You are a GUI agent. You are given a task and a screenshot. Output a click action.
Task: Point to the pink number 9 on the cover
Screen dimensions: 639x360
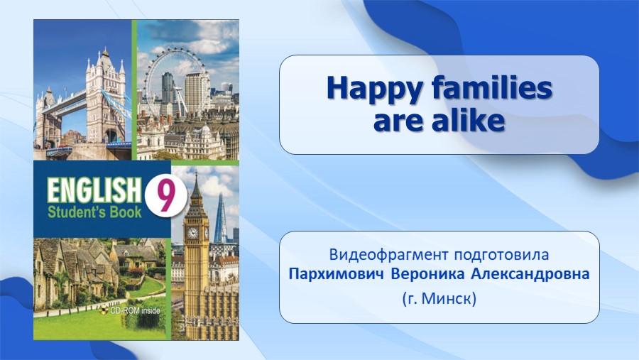point(165,197)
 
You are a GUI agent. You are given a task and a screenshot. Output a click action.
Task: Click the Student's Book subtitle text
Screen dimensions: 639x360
point(94,212)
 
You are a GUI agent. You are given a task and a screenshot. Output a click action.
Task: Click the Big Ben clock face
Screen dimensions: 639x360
point(192,233)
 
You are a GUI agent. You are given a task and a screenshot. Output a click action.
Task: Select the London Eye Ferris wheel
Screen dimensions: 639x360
point(175,82)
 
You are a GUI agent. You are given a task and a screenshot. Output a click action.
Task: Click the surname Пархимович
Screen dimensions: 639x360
point(337,274)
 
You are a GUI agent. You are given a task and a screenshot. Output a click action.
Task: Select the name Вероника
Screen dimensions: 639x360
point(427,274)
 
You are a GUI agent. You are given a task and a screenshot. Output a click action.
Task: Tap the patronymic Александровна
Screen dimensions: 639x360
point(530,274)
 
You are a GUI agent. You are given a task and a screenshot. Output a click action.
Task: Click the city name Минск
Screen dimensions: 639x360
point(447,298)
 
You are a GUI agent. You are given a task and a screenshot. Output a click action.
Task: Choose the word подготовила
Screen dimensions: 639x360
point(502,255)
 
